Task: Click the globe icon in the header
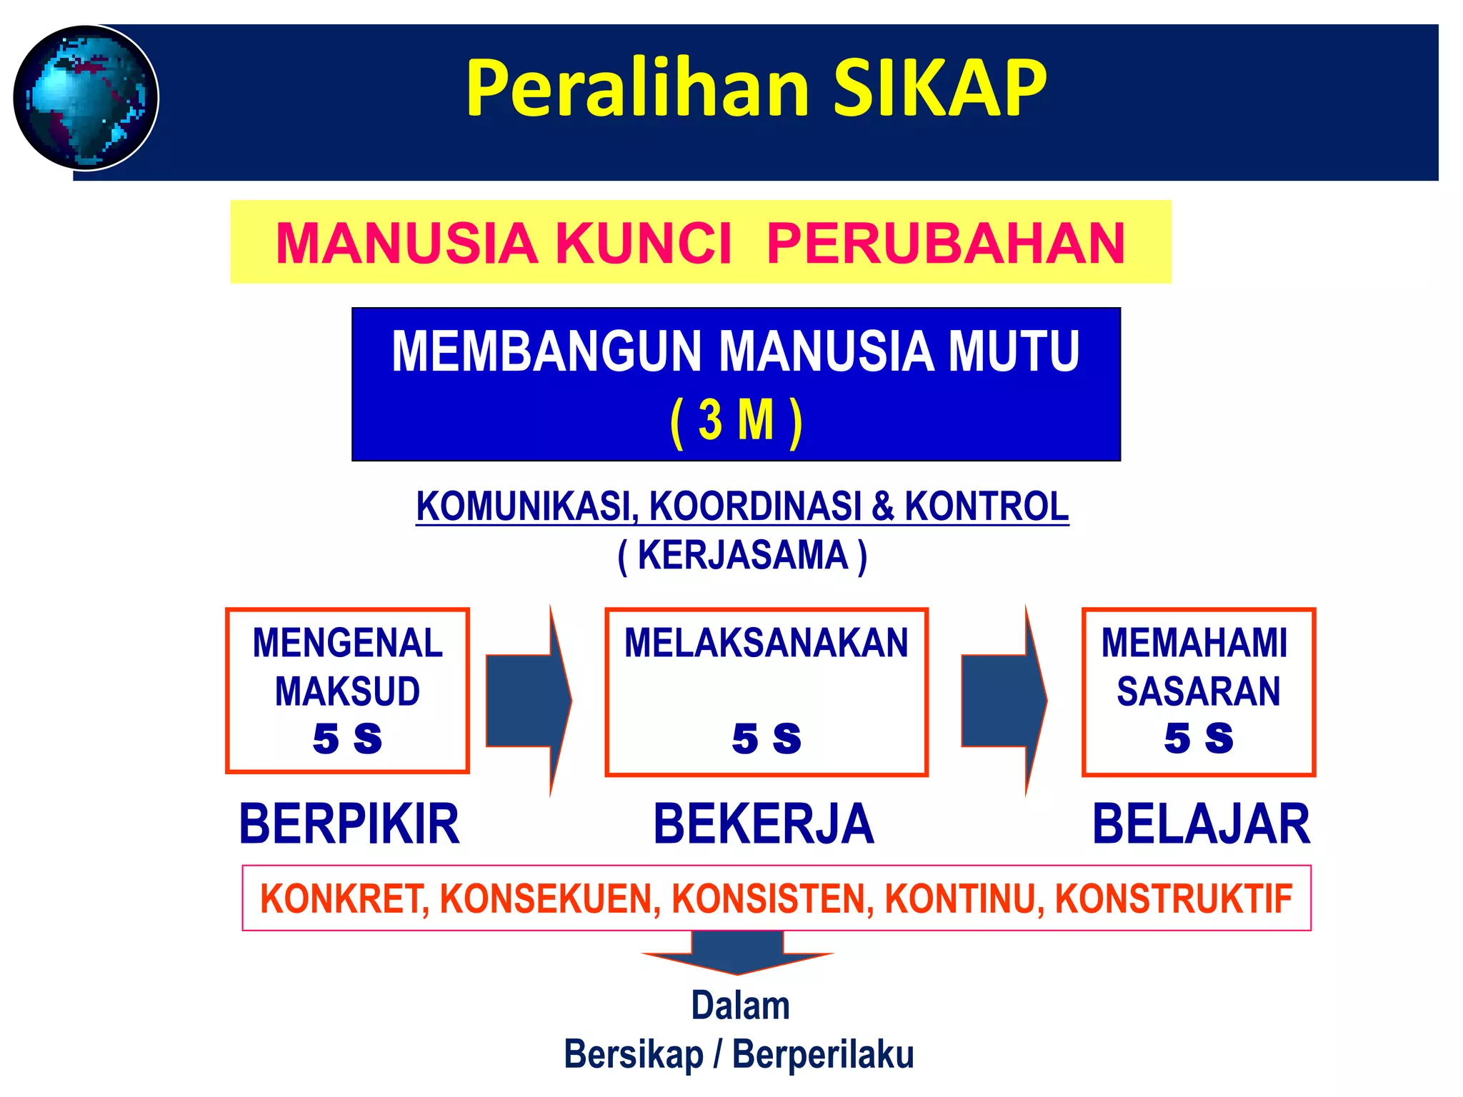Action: point(86,98)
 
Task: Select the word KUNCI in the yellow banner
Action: point(644,244)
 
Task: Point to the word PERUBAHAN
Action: point(946,244)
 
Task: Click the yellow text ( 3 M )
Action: point(737,421)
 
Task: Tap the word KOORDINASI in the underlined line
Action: point(756,506)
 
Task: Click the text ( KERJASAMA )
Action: point(742,556)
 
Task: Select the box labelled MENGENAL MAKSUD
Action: point(347,691)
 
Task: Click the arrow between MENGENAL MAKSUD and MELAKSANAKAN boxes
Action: point(529,701)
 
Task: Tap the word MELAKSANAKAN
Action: point(766,643)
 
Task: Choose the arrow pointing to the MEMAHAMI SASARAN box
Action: point(1004,701)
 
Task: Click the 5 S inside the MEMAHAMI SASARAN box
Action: point(1198,738)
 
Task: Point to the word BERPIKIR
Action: point(349,824)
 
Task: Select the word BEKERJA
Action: point(764,824)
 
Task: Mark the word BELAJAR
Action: point(1201,824)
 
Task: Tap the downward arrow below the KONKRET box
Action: point(737,953)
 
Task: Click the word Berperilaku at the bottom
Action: point(823,1055)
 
